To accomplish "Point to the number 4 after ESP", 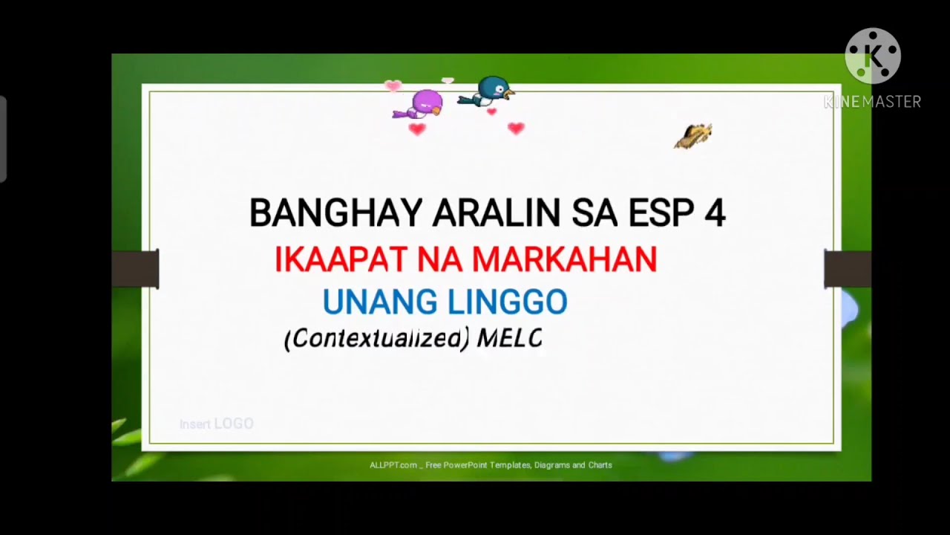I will (714, 213).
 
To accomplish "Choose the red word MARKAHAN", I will (564, 259).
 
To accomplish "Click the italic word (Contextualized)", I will (377, 338).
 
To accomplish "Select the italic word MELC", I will (509, 338).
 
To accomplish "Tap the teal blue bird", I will (490, 91).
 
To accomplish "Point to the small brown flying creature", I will (694, 136).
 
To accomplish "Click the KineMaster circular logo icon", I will (872, 56).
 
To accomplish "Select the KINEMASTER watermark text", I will (872, 102).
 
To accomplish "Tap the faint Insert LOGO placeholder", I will (217, 424).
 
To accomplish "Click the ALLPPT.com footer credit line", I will (491, 465).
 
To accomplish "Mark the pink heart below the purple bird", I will (417, 129).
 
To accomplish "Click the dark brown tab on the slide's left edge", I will (135, 268).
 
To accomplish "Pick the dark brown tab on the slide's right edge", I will (848, 268).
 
